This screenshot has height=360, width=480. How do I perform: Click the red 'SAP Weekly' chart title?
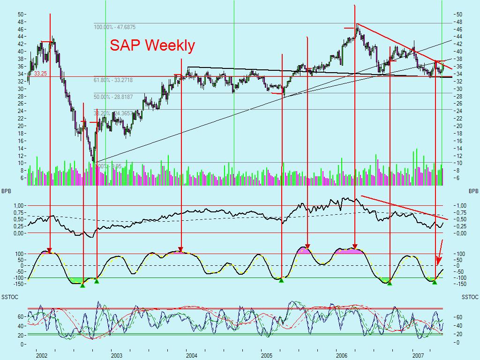pyautogui.click(x=152, y=45)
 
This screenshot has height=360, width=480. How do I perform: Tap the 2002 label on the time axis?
pyautogui.click(x=42, y=355)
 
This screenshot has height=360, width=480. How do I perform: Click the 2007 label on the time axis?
pyautogui.click(x=419, y=355)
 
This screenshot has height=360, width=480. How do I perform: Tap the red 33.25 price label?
pyautogui.click(x=40, y=74)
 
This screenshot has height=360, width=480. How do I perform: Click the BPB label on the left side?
pyautogui.click(x=6, y=192)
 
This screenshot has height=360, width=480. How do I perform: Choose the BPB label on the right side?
pyautogui.click(x=473, y=192)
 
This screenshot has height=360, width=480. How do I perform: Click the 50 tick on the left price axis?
pyautogui.click(x=21, y=14)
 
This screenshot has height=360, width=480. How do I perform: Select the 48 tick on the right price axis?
pyautogui.click(x=459, y=22)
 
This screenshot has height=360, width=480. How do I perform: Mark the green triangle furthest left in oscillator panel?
pyautogui.click(x=82, y=285)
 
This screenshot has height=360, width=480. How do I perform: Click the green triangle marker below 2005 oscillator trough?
pyautogui.click(x=281, y=280)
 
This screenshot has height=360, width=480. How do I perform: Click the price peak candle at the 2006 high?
pyautogui.click(x=357, y=26)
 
